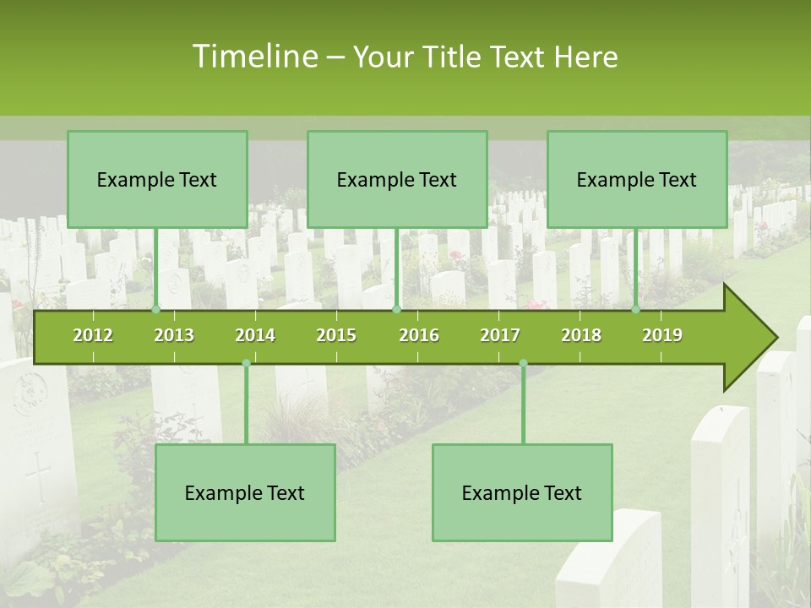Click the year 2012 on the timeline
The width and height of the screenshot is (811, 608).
tap(93, 335)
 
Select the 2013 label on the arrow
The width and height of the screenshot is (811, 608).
tap(174, 335)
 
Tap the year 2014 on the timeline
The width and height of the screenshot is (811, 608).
tap(255, 335)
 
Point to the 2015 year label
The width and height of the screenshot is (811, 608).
tap(336, 335)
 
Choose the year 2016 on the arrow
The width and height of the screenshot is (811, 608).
tap(419, 335)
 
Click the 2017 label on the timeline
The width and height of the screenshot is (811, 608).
tap(500, 335)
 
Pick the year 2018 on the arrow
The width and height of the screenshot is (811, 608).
tap(581, 335)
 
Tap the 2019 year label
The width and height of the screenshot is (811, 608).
tap(662, 335)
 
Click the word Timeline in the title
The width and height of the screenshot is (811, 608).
tap(254, 57)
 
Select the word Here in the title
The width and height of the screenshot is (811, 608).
tap(586, 57)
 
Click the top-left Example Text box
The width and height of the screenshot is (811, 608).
tap(157, 179)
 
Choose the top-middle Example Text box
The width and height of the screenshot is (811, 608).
tap(397, 179)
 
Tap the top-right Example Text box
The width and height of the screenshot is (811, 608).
tap(637, 179)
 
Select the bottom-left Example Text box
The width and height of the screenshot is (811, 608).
tap(245, 492)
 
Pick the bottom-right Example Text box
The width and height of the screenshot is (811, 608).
tap(522, 492)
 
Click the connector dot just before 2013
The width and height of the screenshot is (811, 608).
tap(156, 310)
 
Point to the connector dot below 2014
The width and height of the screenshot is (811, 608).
tap(246, 363)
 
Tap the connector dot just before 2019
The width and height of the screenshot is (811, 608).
tap(636, 310)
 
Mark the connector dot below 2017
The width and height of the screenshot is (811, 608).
tap(523, 363)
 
